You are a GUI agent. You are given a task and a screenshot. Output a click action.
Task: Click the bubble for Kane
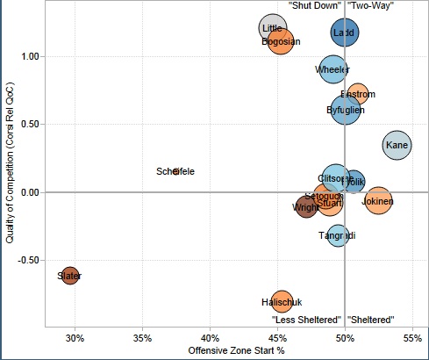pyautogui.click(x=397, y=145)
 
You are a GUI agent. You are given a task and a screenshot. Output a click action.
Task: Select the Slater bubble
pyautogui.click(x=69, y=276)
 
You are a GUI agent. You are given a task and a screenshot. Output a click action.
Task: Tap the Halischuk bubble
pyautogui.click(x=281, y=302)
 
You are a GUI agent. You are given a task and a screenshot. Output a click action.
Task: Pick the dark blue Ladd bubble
pyautogui.click(x=344, y=33)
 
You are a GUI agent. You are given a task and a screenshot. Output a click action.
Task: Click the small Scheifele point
pyautogui.click(x=175, y=171)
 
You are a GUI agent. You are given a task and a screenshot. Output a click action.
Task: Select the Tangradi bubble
pyautogui.click(x=338, y=235)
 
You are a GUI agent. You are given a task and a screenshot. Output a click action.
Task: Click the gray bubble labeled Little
pyautogui.click(x=273, y=29)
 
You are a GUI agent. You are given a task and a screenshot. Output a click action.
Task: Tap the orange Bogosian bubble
pyautogui.click(x=281, y=41)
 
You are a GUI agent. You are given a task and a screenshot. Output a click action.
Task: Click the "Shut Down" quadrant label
pyautogui.click(x=314, y=5)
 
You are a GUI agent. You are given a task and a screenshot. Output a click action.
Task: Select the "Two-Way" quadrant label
pyautogui.click(x=370, y=5)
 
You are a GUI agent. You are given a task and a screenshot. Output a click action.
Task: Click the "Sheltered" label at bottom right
pyautogui.click(x=370, y=319)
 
